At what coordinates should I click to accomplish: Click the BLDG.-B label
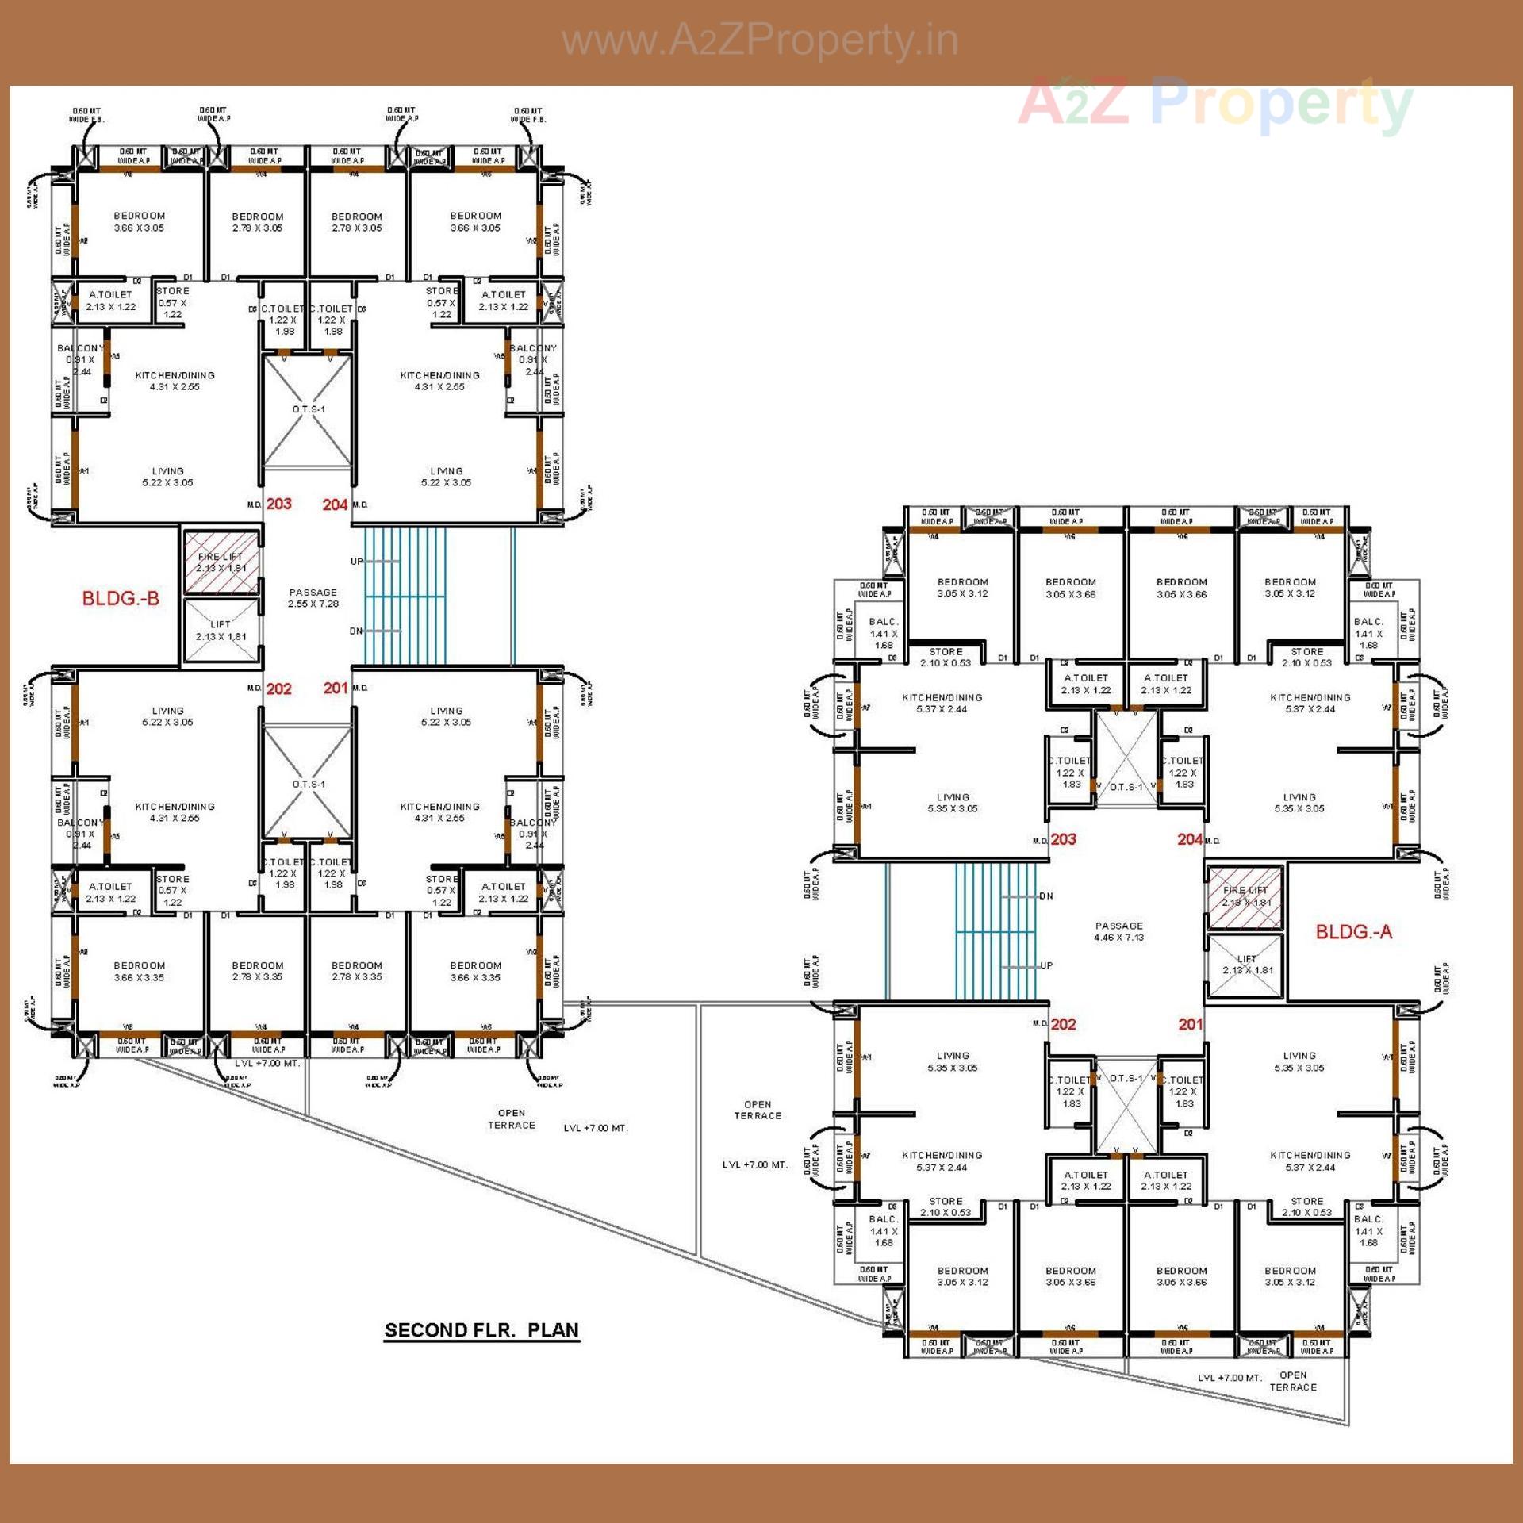121,598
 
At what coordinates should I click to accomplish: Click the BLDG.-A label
1353,931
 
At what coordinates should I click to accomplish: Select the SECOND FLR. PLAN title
481,1330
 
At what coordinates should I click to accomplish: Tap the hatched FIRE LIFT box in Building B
221,562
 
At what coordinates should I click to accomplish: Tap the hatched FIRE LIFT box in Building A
1245,896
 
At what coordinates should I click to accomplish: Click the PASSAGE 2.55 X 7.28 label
313,598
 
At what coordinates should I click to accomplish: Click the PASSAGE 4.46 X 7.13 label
1119,931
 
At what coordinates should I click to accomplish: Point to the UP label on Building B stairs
357,562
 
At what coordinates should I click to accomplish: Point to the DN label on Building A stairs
1046,896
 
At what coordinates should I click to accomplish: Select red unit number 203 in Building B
278,504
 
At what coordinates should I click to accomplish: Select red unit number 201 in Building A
1190,1024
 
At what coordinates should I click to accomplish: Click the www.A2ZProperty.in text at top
760,41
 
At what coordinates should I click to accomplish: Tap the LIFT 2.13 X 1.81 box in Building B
221,631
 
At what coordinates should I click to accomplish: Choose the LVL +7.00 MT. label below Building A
1229,1378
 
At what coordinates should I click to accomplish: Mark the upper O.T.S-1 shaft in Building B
308,410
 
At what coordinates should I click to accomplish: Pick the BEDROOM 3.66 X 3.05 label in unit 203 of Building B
139,221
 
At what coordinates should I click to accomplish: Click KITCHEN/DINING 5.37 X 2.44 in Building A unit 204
1310,704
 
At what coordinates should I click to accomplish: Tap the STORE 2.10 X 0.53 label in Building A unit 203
946,657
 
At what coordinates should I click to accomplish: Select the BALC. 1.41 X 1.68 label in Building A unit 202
883,1231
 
